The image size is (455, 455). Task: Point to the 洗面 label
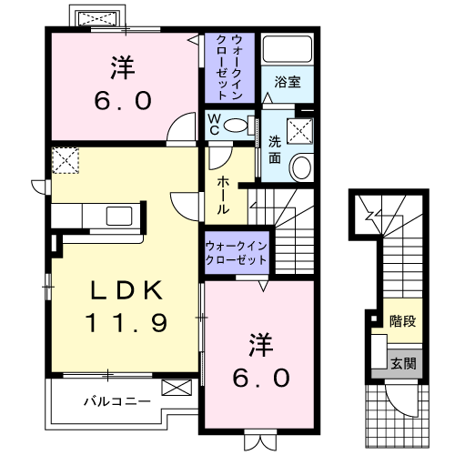274,148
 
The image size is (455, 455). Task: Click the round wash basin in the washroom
301,166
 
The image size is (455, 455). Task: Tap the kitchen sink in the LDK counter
117,217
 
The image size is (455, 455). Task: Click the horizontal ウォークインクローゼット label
236,252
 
